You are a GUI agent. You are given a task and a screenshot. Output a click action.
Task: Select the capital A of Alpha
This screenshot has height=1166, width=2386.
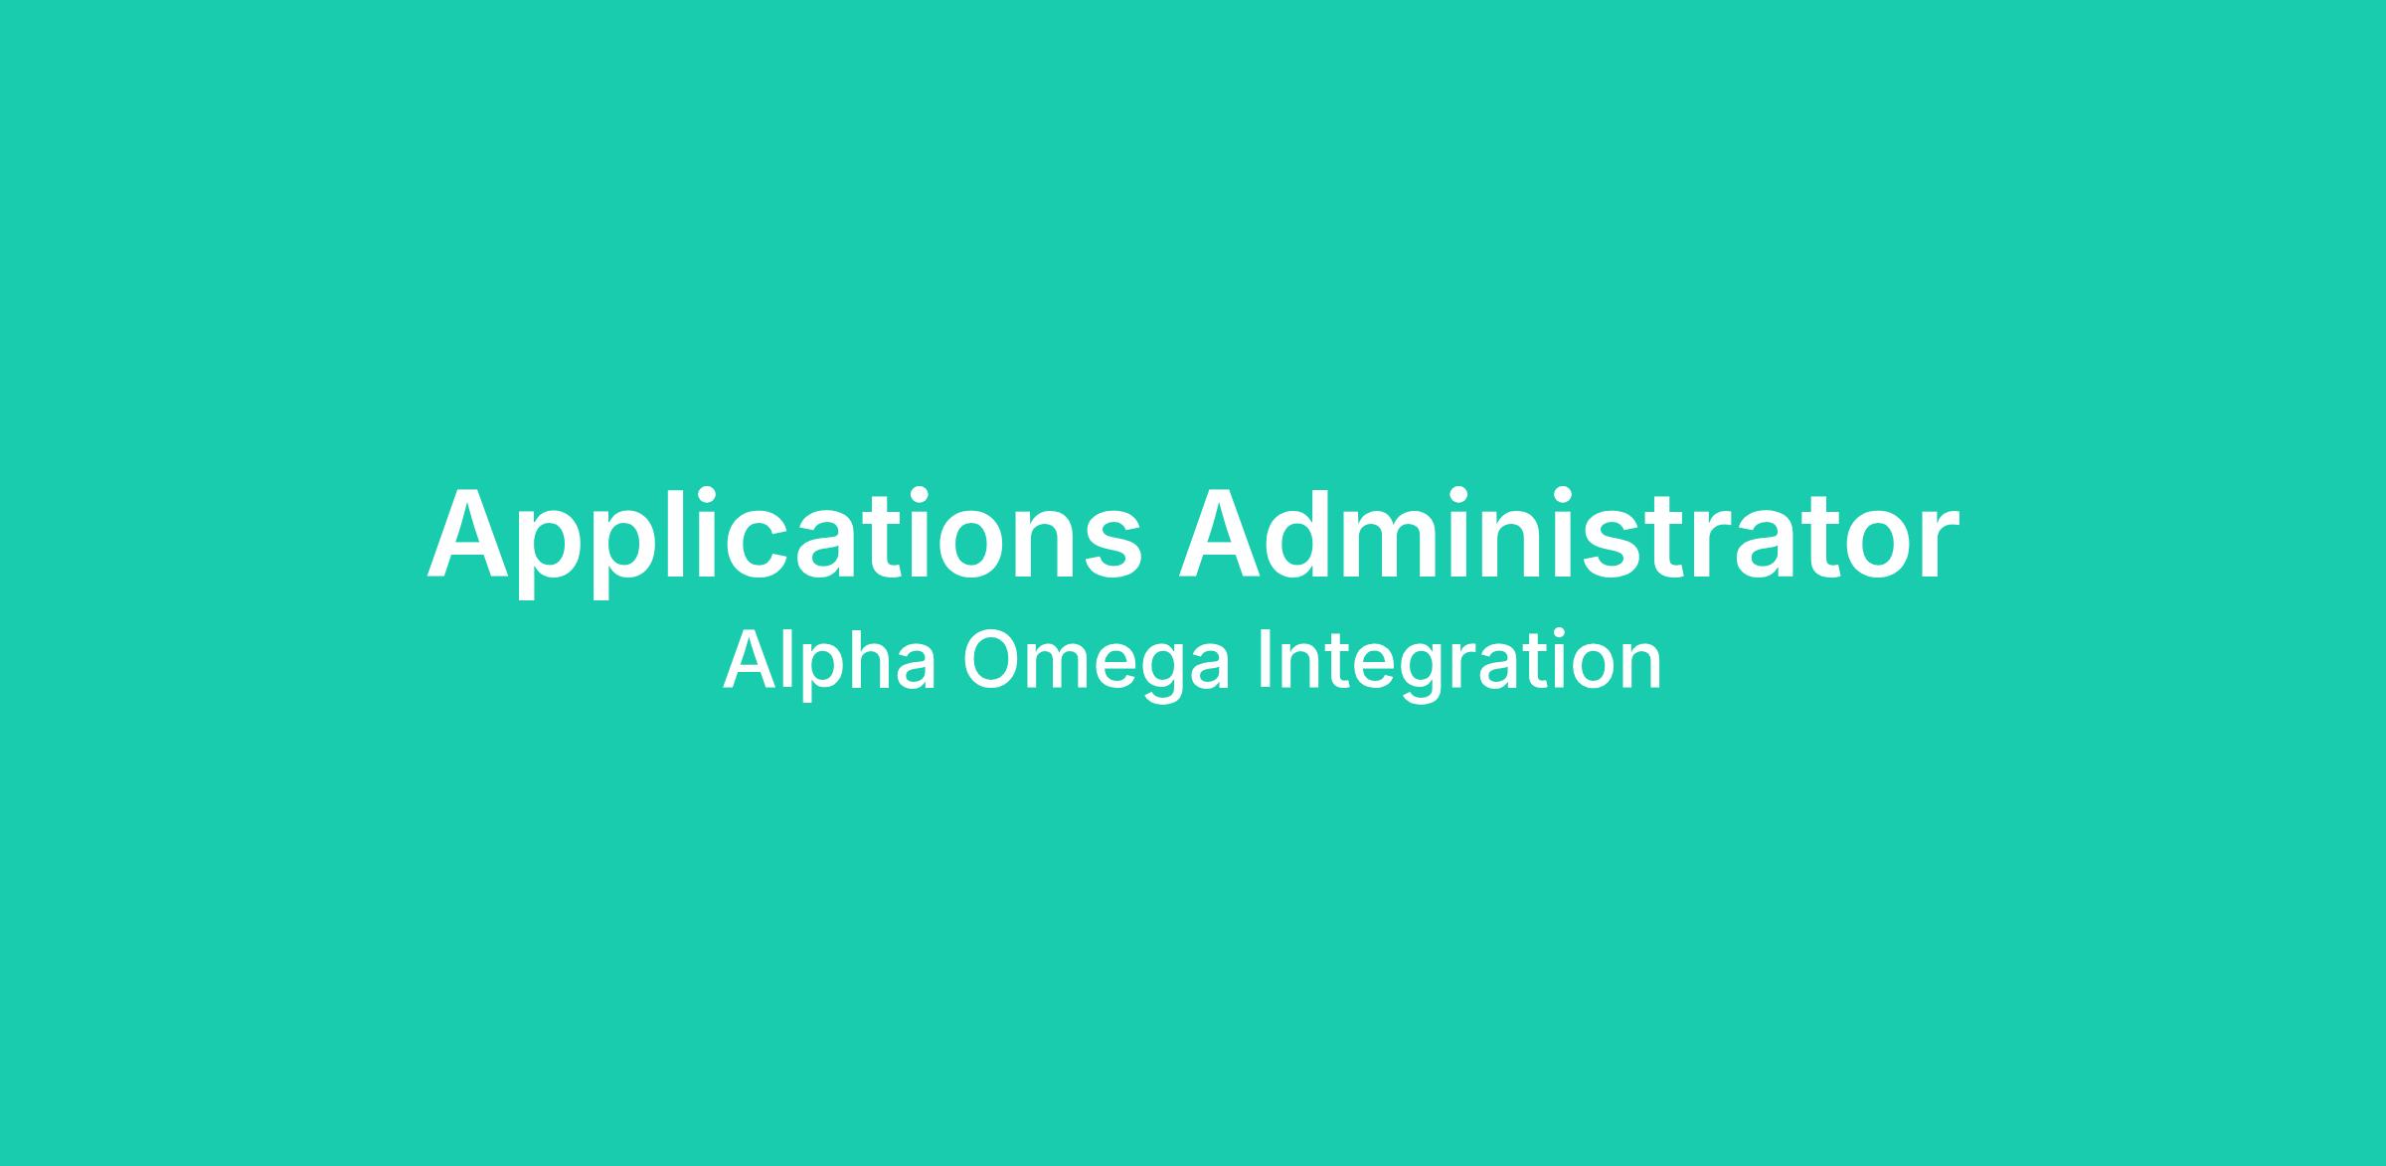(x=756, y=659)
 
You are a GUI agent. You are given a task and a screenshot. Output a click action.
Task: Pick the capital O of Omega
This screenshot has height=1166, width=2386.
(x=995, y=659)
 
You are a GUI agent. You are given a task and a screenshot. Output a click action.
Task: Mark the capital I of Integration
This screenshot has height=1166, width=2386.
(x=1264, y=659)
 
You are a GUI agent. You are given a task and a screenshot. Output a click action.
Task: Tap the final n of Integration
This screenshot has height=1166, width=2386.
(x=1642, y=666)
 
